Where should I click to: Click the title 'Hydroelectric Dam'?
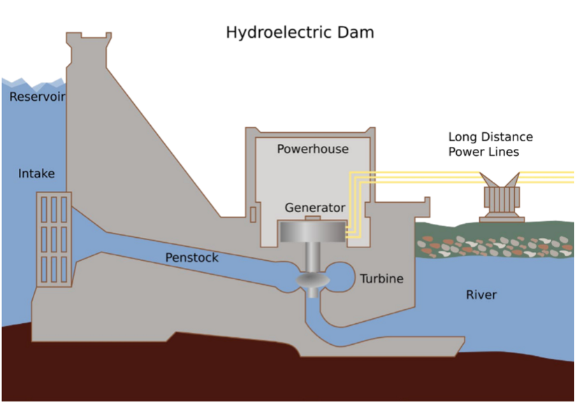coord(300,32)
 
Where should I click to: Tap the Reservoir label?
coord(37,97)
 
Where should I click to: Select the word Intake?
coord(36,173)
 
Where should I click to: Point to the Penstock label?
coord(191,258)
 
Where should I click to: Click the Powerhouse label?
coord(312,149)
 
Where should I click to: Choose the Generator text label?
coord(314,208)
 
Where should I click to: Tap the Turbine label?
coord(381,279)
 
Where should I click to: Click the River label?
coord(481,294)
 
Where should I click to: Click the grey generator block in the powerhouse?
coord(312,232)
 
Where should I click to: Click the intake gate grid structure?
coord(54,238)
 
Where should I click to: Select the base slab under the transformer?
coord(502,220)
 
